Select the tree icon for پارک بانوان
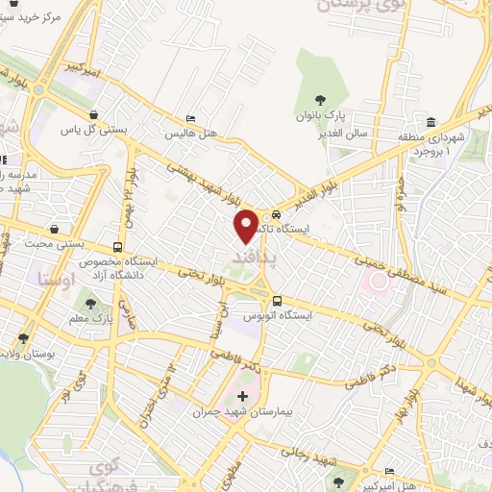click(320, 100)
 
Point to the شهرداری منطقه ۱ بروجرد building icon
click(431, 123)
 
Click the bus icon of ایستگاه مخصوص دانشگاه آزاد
click(117, 246)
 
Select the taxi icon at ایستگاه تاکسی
click(277, 215)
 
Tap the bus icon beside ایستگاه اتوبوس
click(276, 300)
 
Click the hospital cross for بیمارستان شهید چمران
click(242, 396)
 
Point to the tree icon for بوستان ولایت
click(21, 337)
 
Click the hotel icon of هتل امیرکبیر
click(388, 472)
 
